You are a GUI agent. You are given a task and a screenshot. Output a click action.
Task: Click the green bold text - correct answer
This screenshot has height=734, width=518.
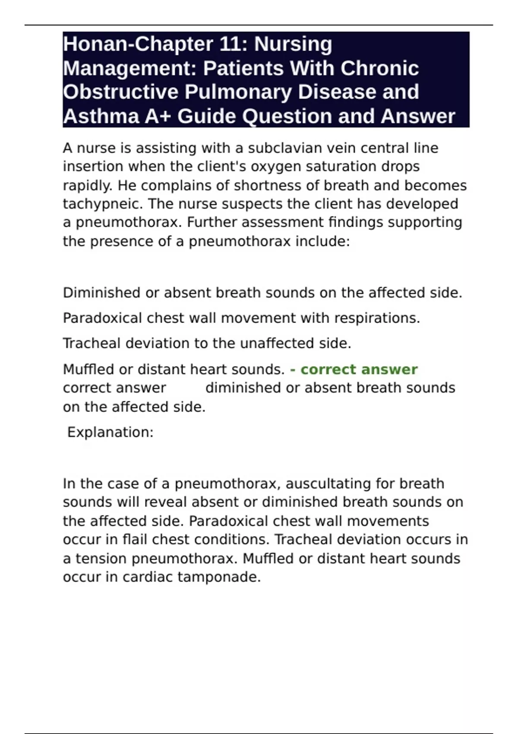point(354,370)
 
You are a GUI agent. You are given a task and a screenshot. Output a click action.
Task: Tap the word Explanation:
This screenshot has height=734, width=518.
point(111,432)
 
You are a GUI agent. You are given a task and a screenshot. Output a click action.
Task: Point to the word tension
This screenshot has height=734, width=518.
point(101,559)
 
